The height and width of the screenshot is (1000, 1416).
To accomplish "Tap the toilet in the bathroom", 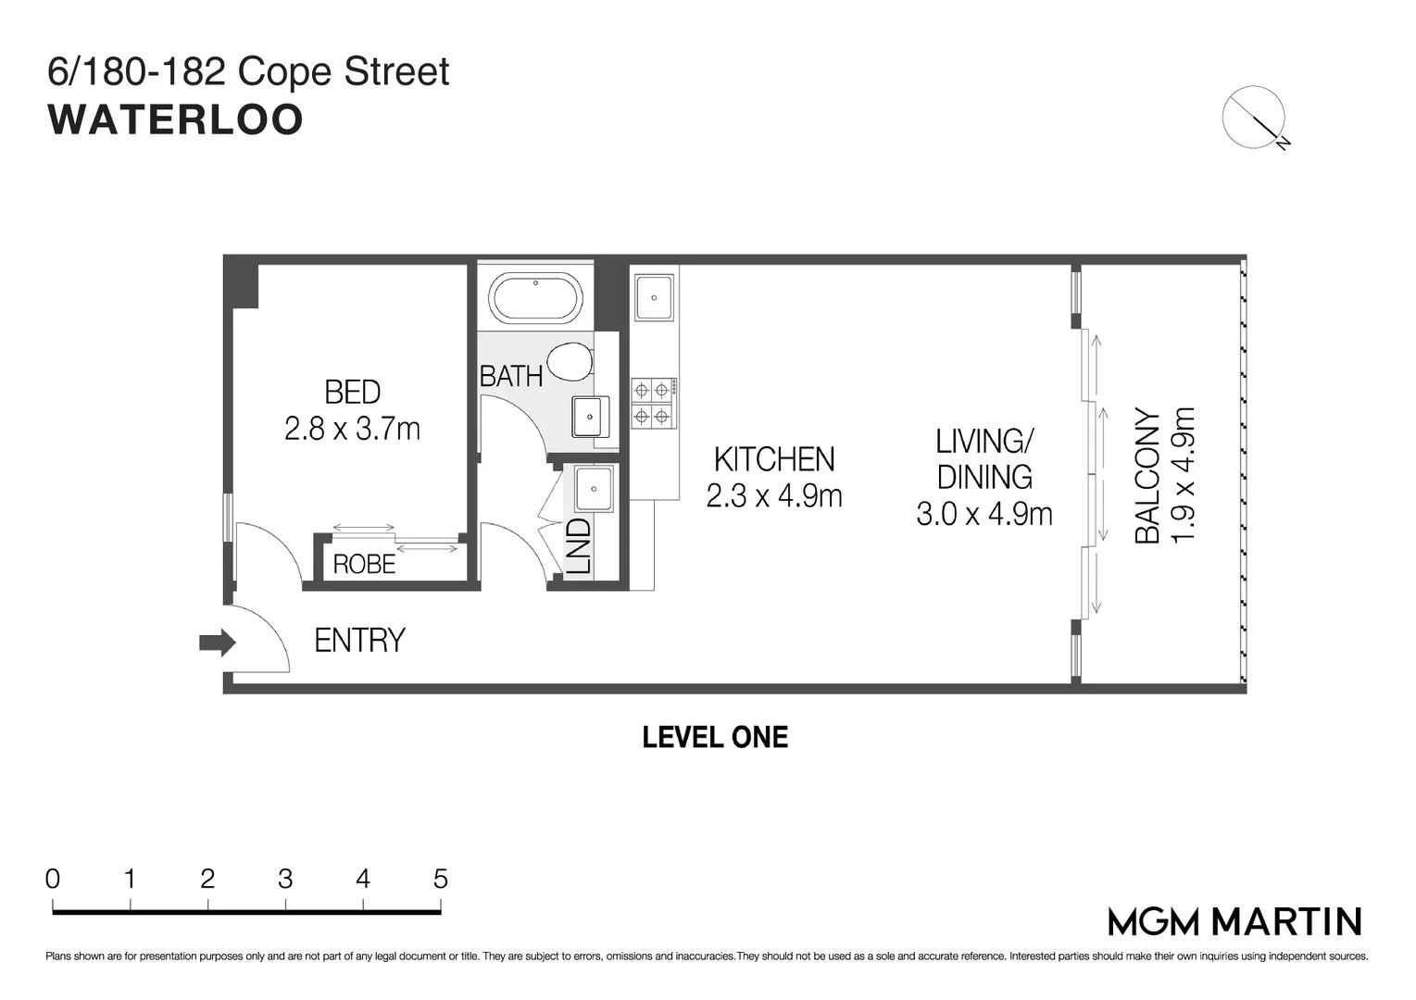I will [x=570, y=362].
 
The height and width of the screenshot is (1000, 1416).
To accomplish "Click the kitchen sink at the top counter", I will [x=654, y=296].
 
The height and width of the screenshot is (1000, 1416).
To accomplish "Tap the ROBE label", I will [x=364, y=564].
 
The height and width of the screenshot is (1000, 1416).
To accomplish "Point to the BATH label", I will [x=510, y=377].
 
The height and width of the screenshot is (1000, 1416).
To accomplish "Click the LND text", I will [x=578, y=546].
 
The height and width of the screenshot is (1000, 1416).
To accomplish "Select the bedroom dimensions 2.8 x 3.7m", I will [x=352, y=430].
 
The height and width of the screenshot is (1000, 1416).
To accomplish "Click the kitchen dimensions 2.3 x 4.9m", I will [x=774, y=496].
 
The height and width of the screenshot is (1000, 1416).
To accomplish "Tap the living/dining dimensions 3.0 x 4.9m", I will [x=984, y=514].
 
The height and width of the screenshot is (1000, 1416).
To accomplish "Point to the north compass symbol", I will [x=1254, y=119].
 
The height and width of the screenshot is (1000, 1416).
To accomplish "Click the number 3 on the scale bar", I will [x=285, y=879].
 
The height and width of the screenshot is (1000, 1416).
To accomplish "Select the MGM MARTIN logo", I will [x=1234, y=921].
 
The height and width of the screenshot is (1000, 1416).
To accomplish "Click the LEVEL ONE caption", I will [x=715, y=737].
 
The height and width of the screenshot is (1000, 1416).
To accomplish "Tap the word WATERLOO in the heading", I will [x=176, y=119].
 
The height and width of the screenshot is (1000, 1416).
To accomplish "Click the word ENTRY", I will [x=359, y=641].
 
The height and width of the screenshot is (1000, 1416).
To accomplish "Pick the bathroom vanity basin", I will [x=589, y=417].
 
